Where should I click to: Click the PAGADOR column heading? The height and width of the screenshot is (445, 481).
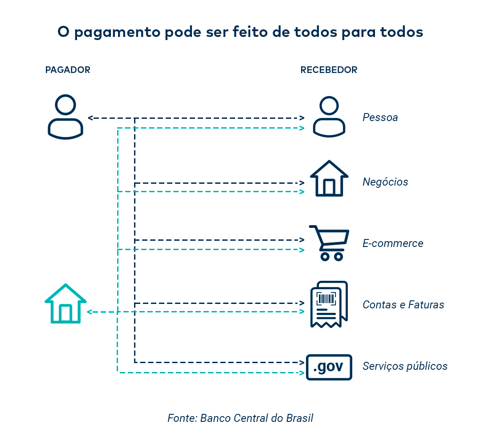[x=68, y=70]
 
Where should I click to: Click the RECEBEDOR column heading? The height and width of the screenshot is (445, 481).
[x=329, y=70]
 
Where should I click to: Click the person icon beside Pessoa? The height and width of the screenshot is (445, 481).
[x=329, y=117]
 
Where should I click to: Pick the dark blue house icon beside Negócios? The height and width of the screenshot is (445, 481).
[x=329, y=178]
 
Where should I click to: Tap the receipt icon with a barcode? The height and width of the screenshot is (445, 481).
[x=329, y=304]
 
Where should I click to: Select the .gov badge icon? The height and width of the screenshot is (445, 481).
[x=329, y=367]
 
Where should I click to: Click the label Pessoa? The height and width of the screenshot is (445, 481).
[x=380, y=117]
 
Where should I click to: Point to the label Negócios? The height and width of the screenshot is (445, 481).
[x=385, y=182]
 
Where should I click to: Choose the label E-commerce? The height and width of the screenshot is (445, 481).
[x=393, y=243]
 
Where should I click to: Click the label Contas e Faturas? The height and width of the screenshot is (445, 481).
[x=404, y=305]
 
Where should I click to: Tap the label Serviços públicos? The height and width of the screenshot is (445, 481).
[x=405, y=366]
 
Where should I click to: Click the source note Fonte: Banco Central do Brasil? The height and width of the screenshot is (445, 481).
[x=240, y=418]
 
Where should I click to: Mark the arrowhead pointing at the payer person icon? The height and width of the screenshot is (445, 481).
[x=90, y=118]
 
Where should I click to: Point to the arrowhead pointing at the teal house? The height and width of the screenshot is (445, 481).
[x=90, y=312]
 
